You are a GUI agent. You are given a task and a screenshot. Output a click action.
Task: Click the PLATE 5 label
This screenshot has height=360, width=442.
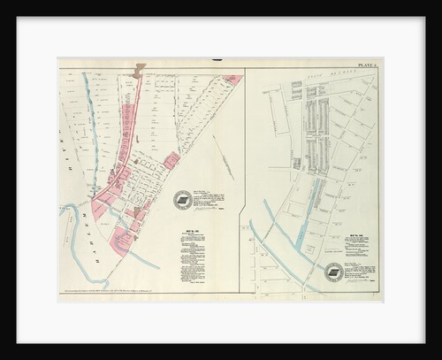(369, 64)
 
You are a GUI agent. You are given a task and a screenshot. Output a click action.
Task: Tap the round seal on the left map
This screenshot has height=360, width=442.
(183, 201)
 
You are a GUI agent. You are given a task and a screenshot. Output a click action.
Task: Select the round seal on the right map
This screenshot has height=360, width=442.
(333, 272)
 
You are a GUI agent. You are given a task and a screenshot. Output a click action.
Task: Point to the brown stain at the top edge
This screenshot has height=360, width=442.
(139, 69)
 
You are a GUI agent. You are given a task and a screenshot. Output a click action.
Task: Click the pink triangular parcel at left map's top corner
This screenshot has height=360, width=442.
(233, 80)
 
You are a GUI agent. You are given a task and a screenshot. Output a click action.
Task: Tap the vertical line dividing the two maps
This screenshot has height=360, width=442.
(245, 177)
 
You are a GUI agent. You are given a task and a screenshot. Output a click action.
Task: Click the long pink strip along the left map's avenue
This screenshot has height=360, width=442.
(127, 142)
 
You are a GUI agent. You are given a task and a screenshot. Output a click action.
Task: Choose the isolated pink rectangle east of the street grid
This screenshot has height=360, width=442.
(171, 160)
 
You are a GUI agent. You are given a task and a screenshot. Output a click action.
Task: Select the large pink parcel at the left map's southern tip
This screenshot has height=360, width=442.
(123, 239)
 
